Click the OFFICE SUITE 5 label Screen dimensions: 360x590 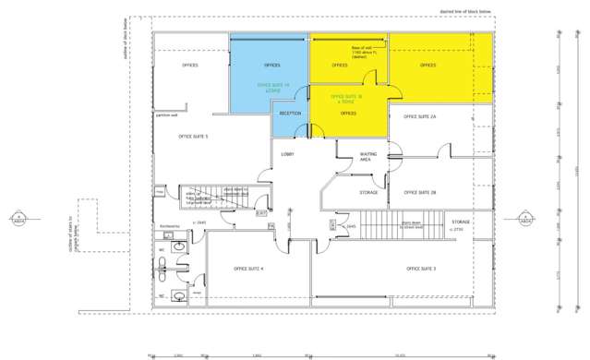coord(194,137)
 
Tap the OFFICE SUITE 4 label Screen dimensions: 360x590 coord(249,269)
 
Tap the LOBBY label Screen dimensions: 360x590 coord(288,154)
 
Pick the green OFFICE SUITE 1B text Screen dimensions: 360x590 coord(345,97)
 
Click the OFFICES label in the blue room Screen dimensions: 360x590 coord(271,66)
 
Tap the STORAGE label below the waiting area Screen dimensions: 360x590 coord(368,192)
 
